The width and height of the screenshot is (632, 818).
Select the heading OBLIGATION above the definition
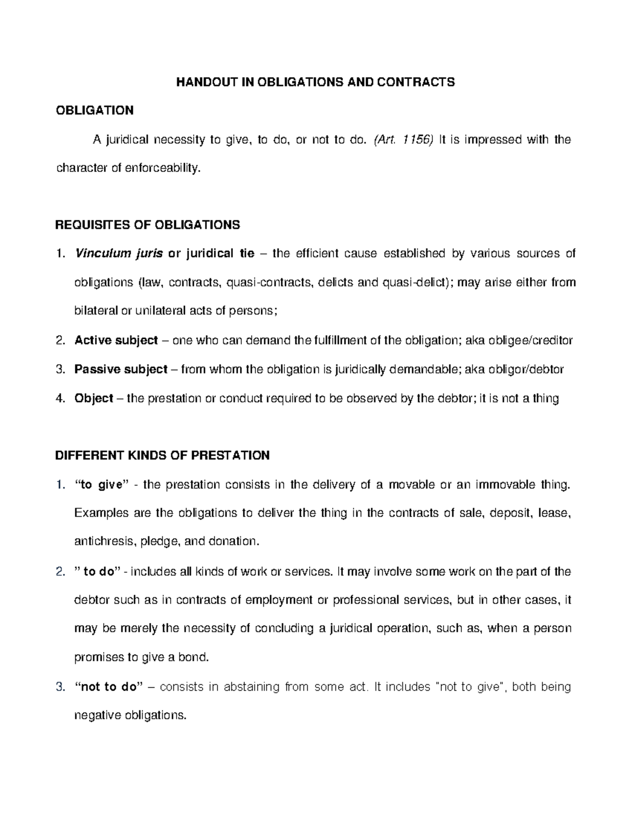(x=94, y=111)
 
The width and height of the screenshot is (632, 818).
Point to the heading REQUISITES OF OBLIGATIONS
(x=147, y=225)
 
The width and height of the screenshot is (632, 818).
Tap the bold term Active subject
(x=116, y=340)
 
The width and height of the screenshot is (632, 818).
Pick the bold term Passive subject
(x=121, y=369)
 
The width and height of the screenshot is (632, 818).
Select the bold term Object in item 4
(x=94, y=398)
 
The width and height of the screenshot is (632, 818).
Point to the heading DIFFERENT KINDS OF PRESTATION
(x=162, y=456)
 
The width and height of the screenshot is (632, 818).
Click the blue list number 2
(x=59, y=571)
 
